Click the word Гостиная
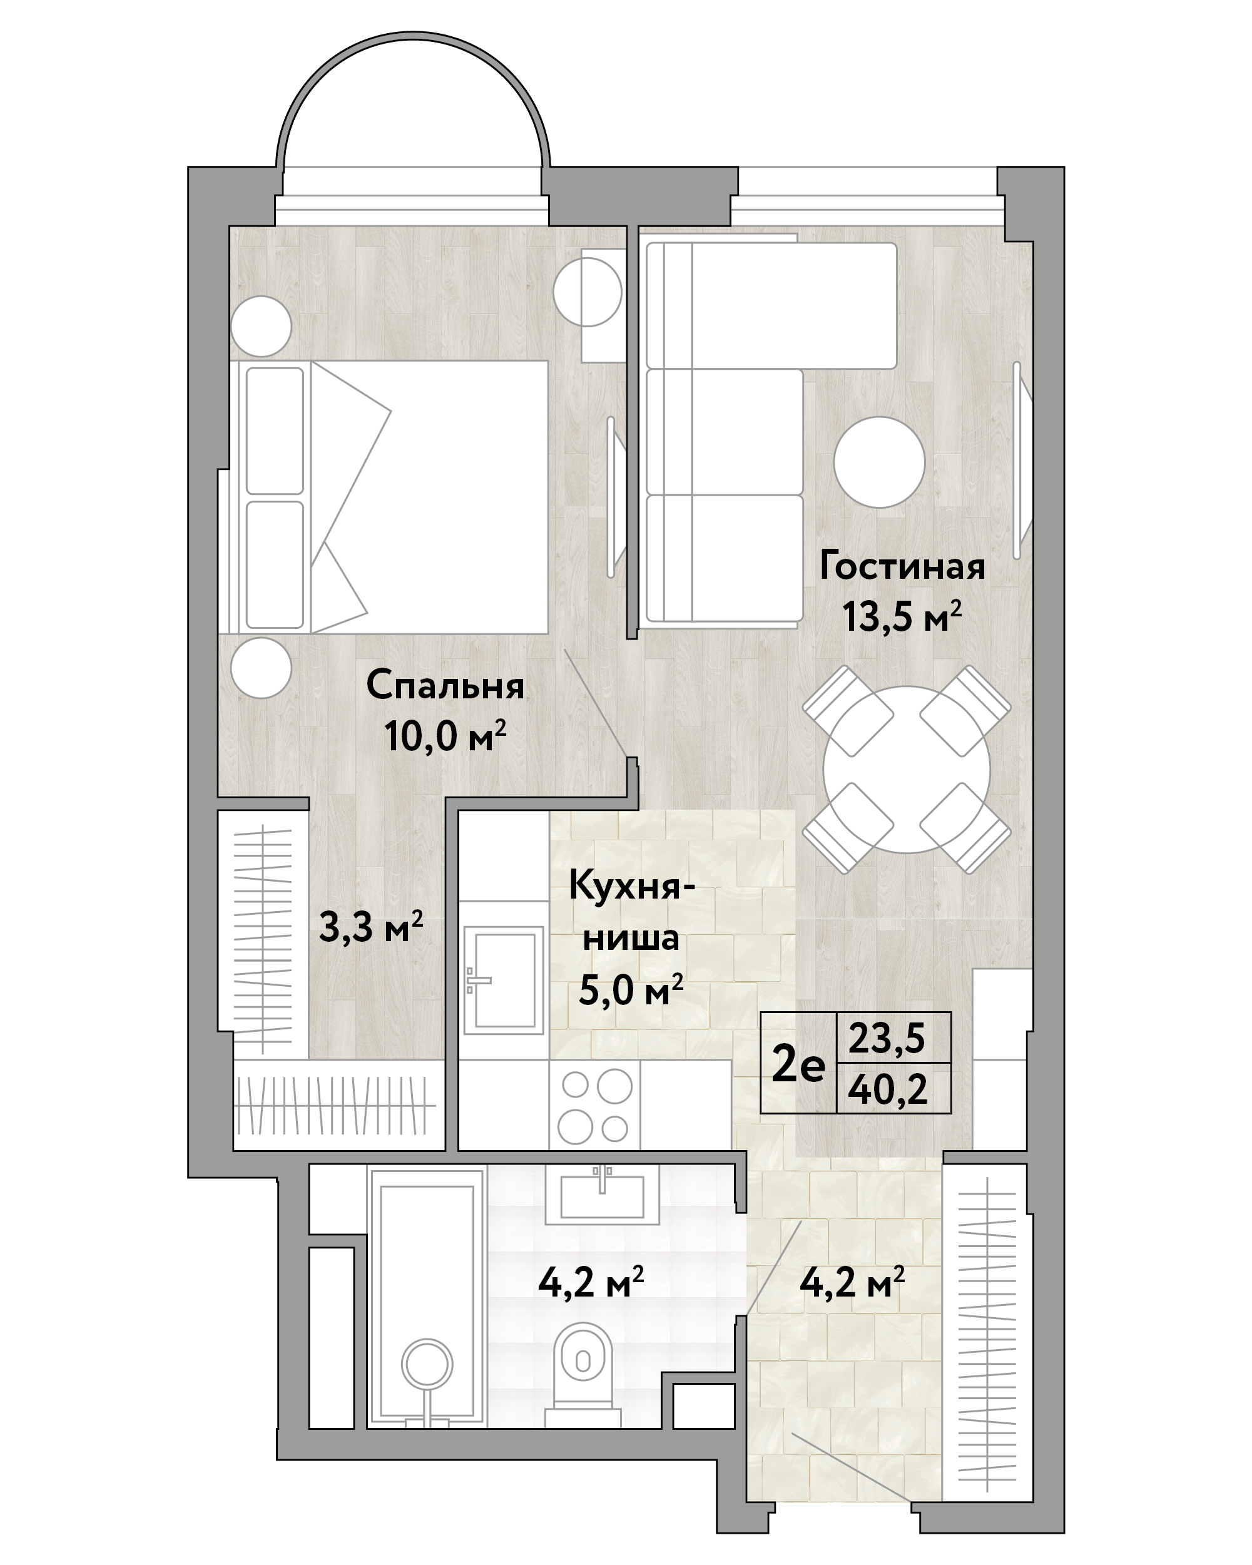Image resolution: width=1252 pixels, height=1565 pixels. coord(902,567)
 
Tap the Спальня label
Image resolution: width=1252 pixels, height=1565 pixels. coord(445,686)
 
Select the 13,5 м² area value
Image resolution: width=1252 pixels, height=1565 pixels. coord(902,617)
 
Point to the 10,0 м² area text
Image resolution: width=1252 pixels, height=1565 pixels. coord(445,737)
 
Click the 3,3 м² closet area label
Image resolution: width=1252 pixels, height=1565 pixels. coord(371,928)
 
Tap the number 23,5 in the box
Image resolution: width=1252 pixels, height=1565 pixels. coord(887,1039)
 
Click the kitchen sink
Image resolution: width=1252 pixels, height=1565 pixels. coord(504,979)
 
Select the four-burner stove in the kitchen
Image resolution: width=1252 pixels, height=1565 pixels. coord(594,1106)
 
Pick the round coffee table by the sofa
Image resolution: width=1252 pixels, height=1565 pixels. coord(879,462)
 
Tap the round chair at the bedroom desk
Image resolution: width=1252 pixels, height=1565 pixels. coord(587,292)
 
